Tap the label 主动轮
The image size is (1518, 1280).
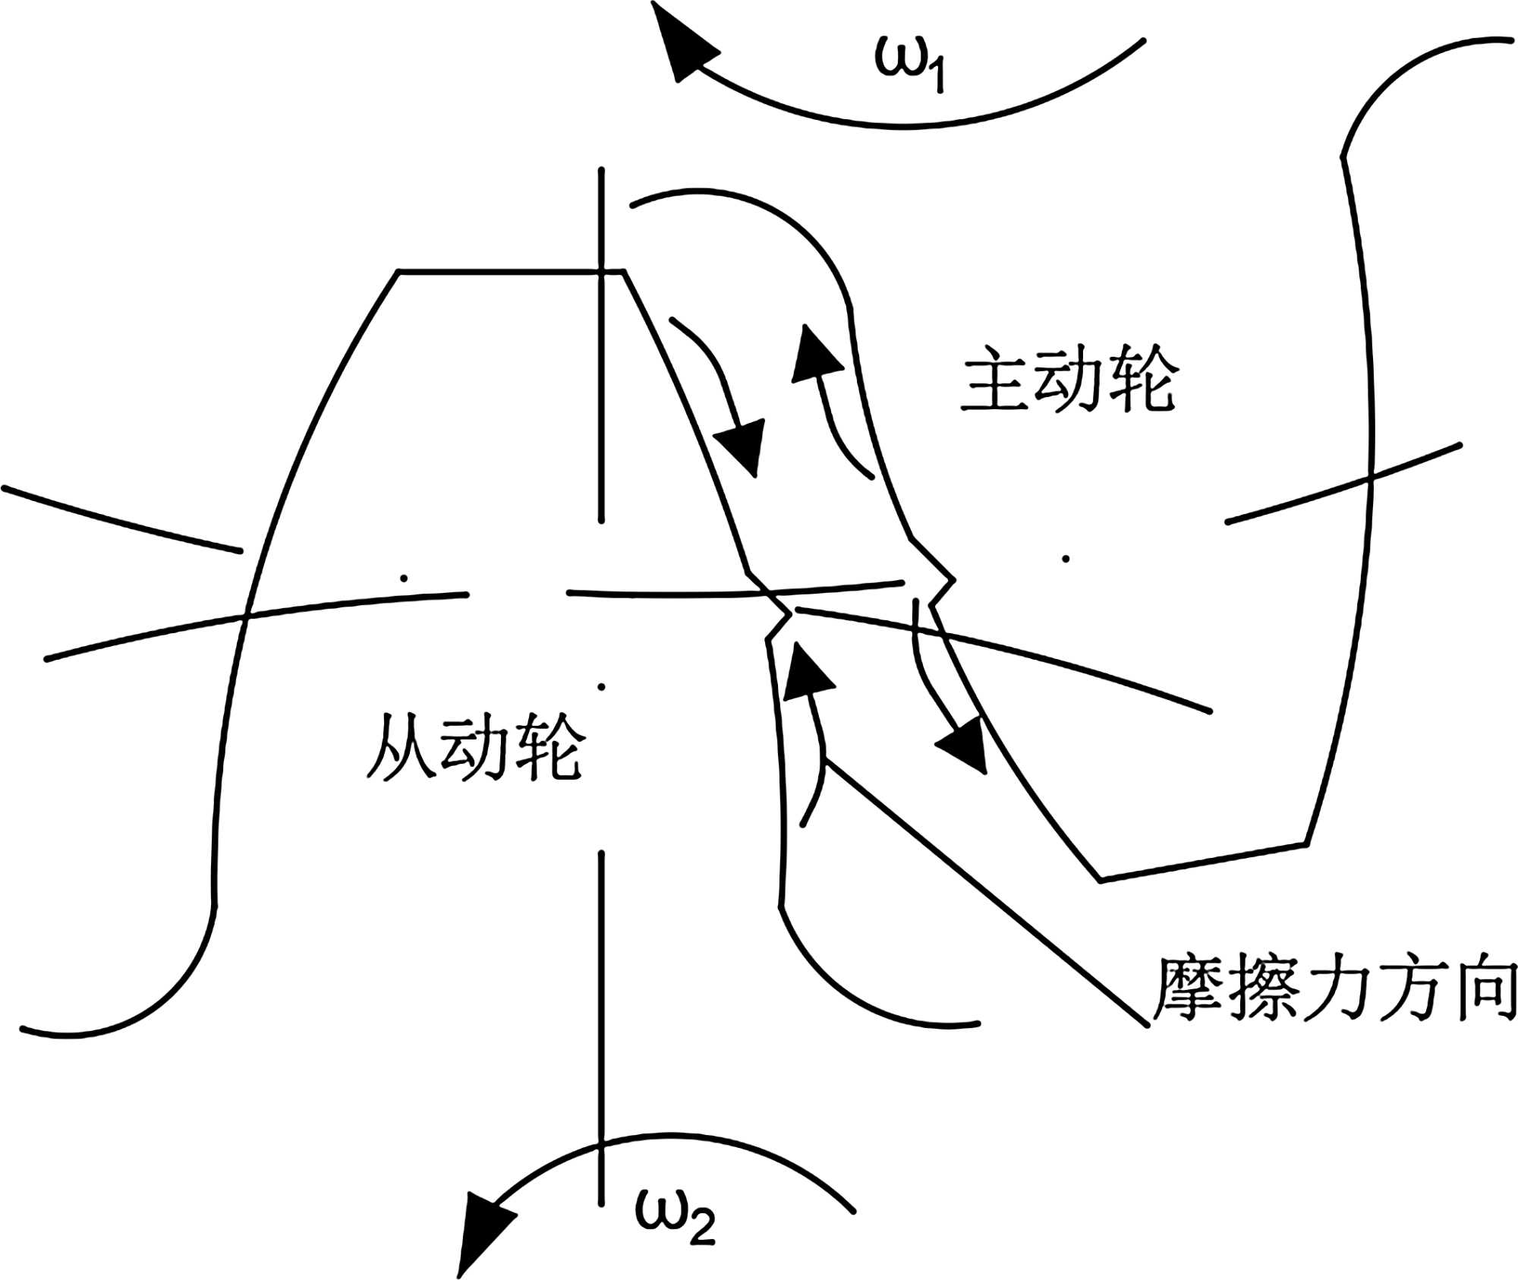1069,380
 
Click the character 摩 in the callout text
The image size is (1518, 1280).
1188,989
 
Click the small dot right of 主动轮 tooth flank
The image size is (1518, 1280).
1066,559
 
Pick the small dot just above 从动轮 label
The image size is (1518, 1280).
601,687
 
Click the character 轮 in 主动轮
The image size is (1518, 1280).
1142,380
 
